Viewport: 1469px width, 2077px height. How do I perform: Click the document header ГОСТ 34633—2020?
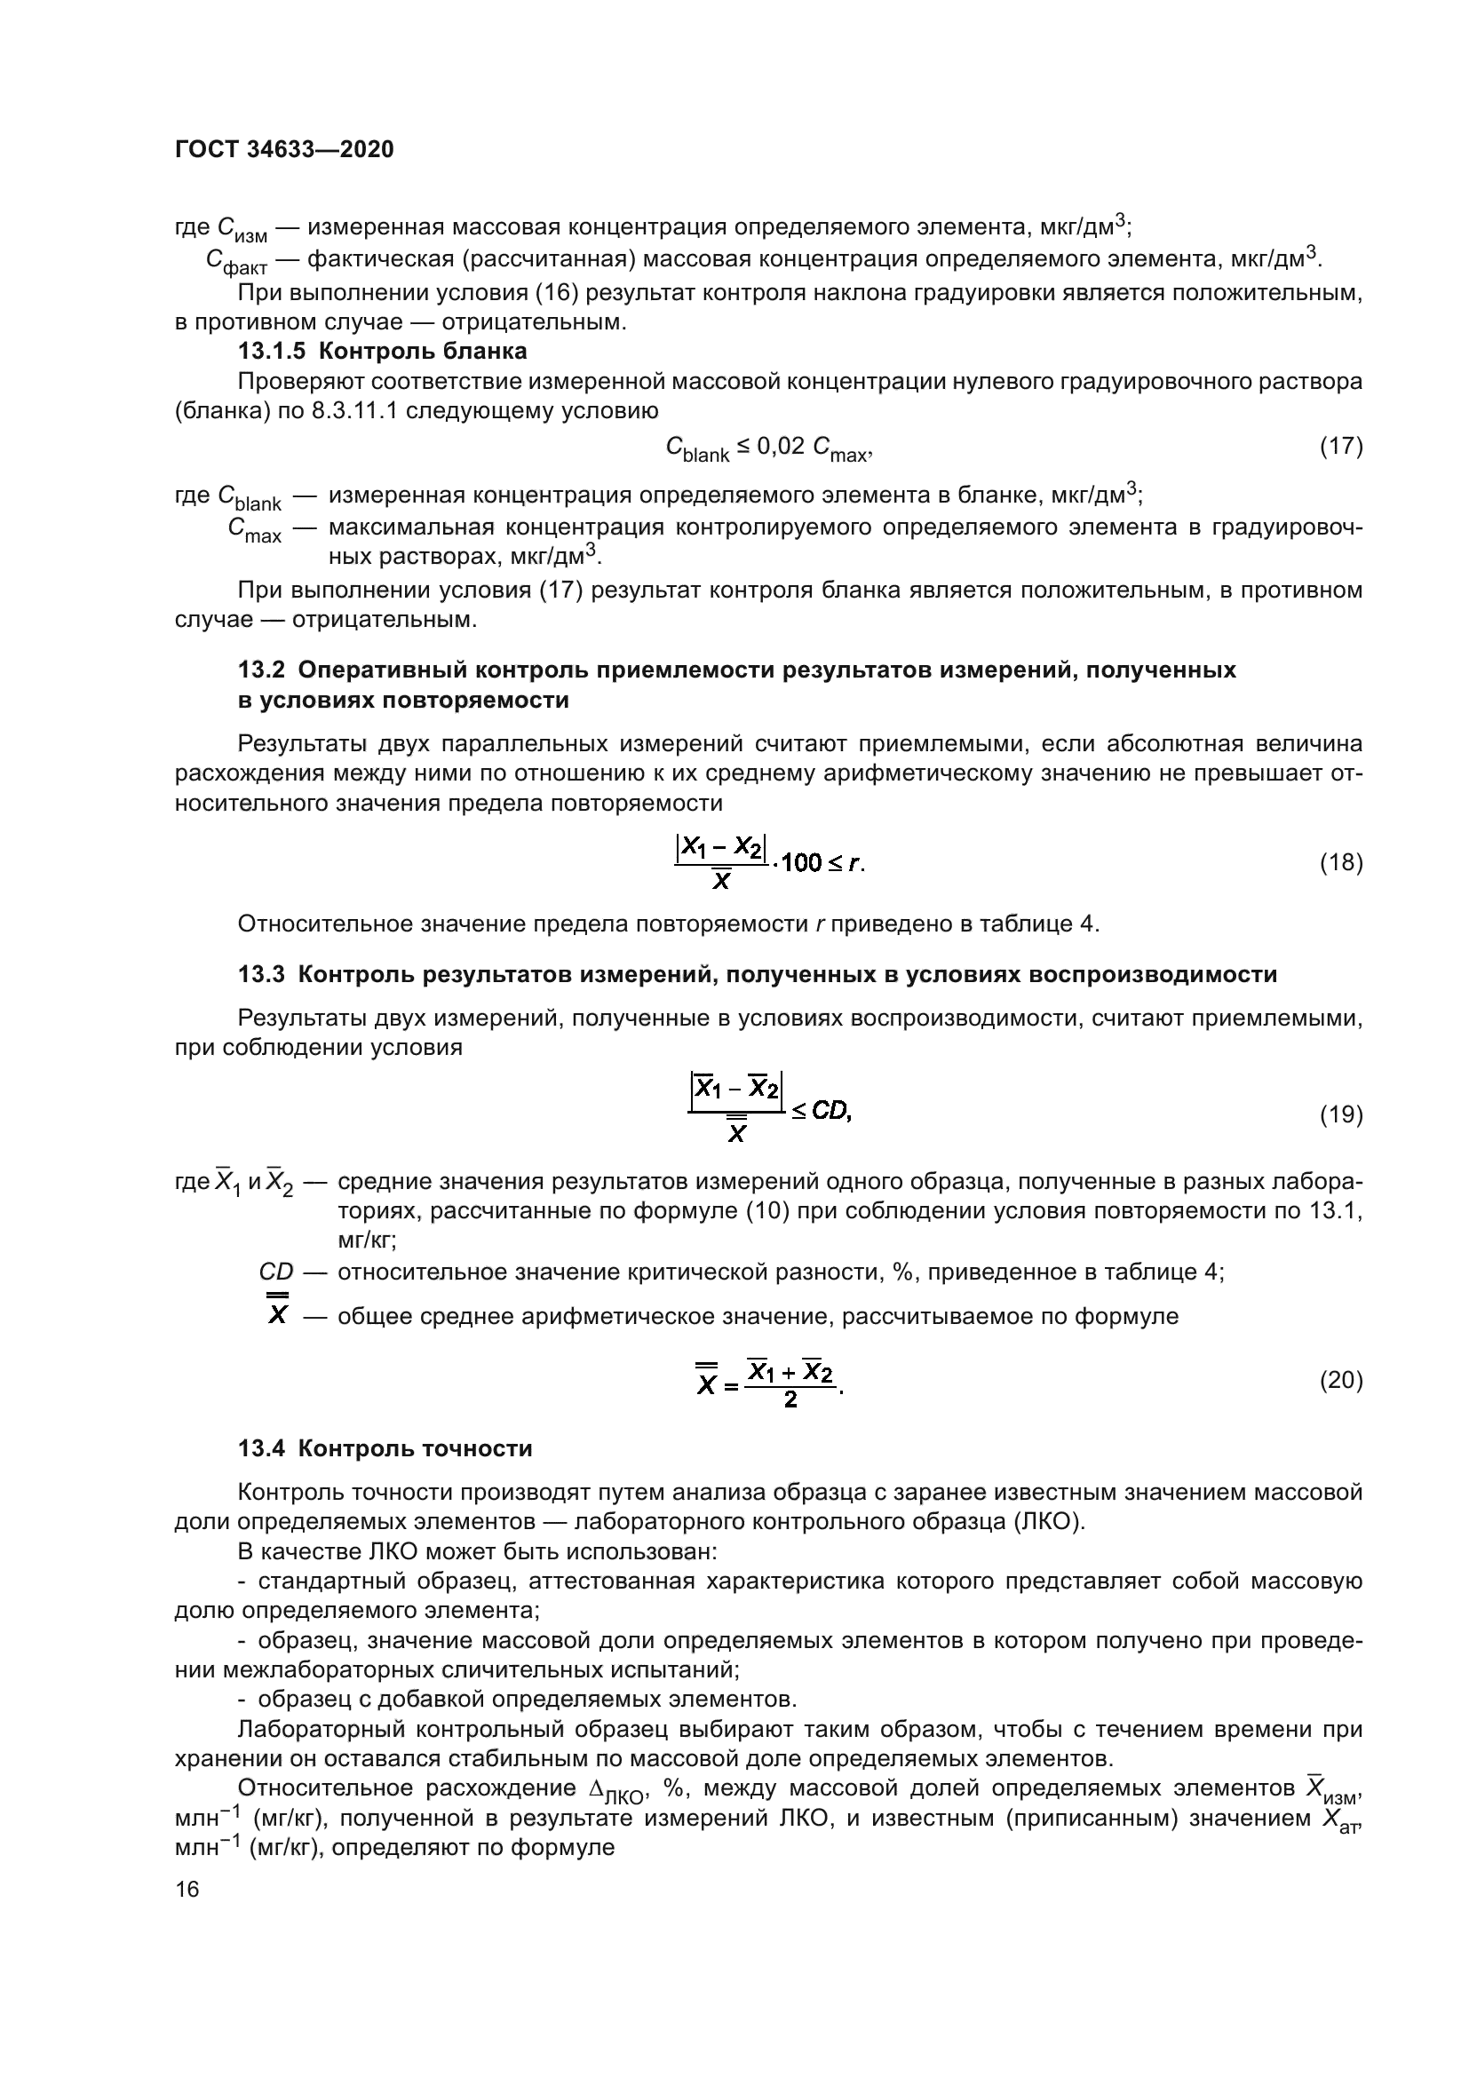click(x=284, y=150)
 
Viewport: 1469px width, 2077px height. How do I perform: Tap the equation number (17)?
click(x=1340, y=446)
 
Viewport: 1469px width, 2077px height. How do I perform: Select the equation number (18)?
click(x=1340, y=863)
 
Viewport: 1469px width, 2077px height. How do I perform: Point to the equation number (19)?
click(x=1340, y=1114)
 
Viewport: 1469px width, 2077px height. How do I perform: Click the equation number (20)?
click(x=1340, y=1381)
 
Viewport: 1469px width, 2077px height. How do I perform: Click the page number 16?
click(x=187, y=1889)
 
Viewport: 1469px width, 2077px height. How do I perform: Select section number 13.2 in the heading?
click(x=261, y=670)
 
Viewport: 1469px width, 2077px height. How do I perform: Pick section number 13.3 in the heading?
click(x=261, y=975)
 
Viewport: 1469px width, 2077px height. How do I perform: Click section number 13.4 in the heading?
click(x=261, y=1449)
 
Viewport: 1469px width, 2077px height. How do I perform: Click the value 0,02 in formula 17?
click(x=779, y=446)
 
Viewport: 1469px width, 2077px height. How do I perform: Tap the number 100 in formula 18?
click(x=800, y=864)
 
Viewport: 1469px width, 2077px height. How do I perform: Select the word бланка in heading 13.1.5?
click(x=485, y=351)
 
